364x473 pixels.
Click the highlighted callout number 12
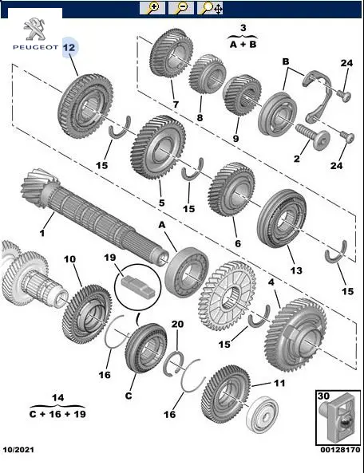69,47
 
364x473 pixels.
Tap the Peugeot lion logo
34,29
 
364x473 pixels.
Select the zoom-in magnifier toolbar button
152,8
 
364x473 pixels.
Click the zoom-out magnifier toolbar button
180,8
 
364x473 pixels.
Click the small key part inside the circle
138,285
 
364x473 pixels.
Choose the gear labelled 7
171,55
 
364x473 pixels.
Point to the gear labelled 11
225,394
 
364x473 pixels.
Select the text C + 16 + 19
57,413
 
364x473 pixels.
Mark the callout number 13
296,270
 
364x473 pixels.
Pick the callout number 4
271,282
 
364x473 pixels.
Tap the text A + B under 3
243,45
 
